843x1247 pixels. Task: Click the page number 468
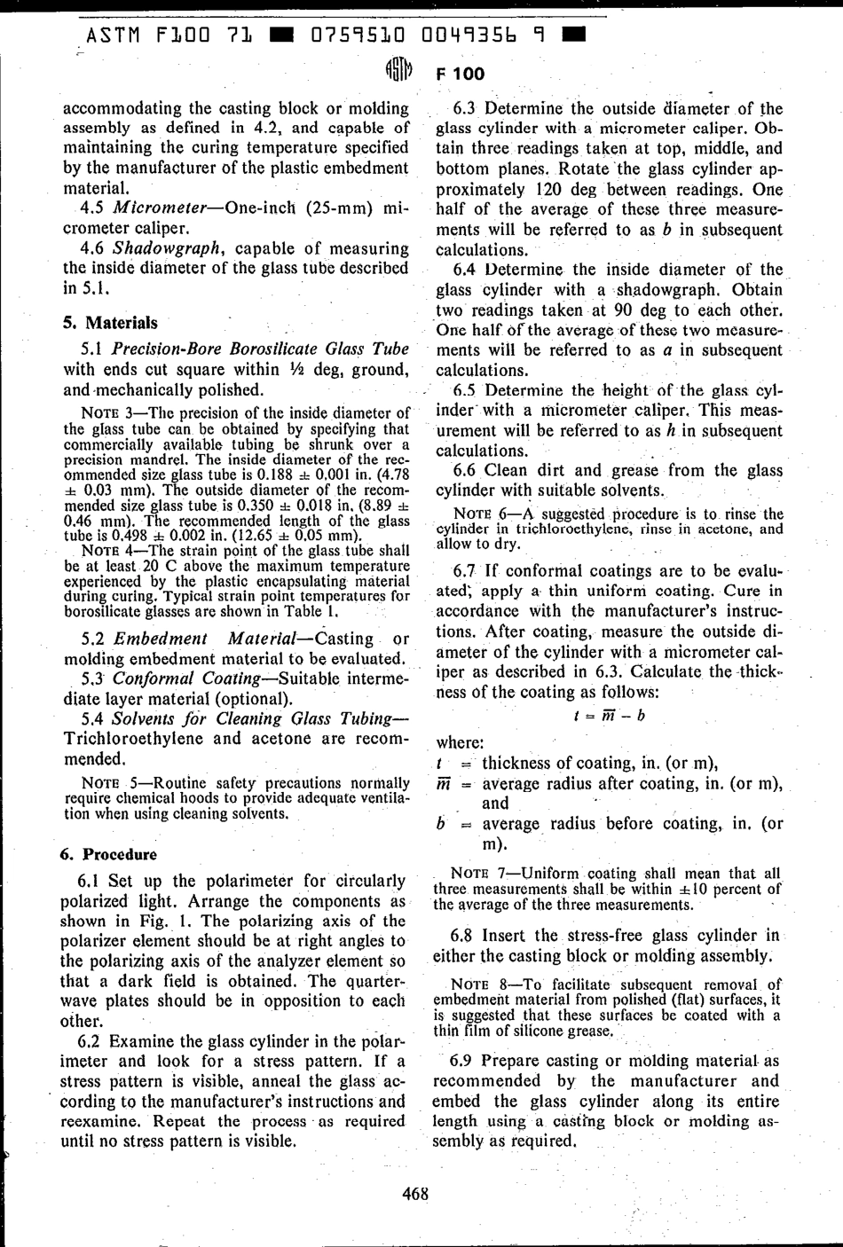point(414,1194)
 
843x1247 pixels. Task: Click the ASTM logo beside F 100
point(398,71)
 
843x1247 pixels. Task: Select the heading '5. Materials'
point(110,323)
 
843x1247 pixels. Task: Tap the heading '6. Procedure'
point(108,855)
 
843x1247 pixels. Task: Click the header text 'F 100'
point(460,74)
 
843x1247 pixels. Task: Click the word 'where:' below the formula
point(460,742)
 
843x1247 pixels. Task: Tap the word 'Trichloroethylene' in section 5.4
point(134,739)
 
